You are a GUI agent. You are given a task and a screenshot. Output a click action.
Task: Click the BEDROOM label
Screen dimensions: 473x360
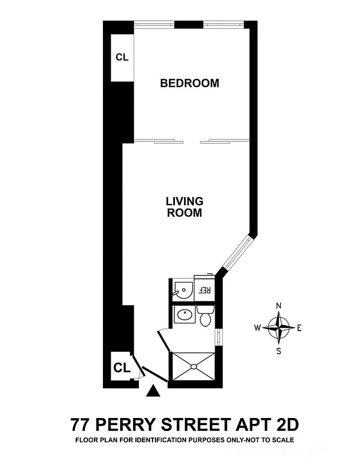click(189, 83)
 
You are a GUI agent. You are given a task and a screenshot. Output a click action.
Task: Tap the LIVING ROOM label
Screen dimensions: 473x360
click(184, 207)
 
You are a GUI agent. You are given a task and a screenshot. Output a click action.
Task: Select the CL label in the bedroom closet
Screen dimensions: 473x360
click(122, 57)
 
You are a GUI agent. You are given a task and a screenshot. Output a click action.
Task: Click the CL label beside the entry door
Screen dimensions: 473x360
click(121, 368)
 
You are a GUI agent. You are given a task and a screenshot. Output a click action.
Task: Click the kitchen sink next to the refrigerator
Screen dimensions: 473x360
click(183, 291)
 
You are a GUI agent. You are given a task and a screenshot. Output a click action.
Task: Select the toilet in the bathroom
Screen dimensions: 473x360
click(206, 317)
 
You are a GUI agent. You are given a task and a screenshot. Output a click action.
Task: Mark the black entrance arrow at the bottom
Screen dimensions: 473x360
click(153, 390)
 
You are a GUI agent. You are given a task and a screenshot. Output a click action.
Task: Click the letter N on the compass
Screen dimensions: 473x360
click(279, 305)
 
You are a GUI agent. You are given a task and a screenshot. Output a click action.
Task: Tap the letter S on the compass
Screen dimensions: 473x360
click(279, 350)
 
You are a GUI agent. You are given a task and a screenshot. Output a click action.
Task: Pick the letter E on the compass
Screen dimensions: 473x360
click(299, 328)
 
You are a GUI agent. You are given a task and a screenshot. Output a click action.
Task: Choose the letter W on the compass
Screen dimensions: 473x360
click(258, 328)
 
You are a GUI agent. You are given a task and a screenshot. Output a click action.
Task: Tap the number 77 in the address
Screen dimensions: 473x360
click(80, 425)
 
